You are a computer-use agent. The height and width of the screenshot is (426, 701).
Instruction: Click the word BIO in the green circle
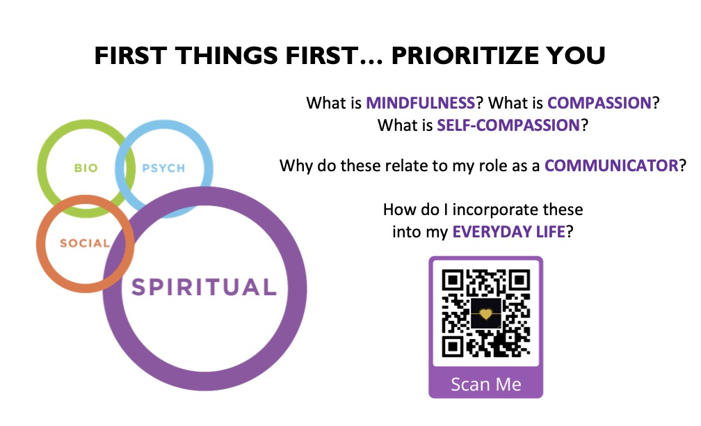(x=86, y=168)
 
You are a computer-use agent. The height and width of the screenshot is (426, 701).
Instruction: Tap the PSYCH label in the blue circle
(x=163, y=168)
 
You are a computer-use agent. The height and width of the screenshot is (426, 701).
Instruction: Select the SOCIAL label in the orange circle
(x=85, y=243)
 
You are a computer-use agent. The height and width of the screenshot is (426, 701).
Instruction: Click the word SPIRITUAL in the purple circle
(x=204, y=287)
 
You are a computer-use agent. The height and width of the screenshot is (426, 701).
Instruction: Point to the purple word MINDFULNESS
(x=420, y=103)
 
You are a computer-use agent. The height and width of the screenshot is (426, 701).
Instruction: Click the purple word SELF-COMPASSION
(x=508, y=125)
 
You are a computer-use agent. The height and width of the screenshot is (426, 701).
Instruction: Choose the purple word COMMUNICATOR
(x=611, y=166)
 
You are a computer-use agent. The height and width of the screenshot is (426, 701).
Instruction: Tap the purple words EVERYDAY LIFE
(x=509, y=232)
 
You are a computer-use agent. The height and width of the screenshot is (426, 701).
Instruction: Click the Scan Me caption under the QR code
(x=486, y=384)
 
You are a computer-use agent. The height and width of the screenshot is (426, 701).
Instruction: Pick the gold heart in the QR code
(x=485, y=313)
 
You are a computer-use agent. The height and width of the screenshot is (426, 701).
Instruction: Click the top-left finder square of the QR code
(x=453, y=281)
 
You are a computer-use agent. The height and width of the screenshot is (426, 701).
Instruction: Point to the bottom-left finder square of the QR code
(x=453, y=346)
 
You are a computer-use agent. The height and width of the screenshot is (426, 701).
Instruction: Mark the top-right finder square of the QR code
(x=519, y=281)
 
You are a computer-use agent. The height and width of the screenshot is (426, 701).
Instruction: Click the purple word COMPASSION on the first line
(x=599, y=103)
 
